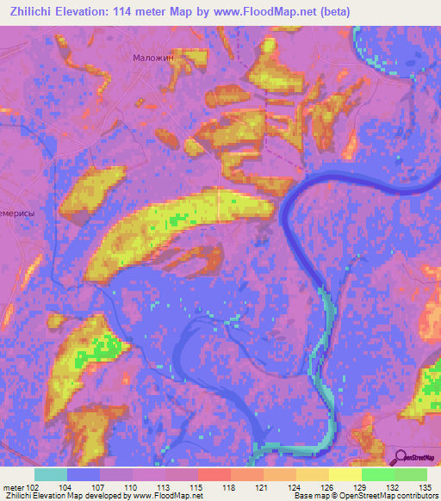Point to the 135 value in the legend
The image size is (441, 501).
pos(426,487)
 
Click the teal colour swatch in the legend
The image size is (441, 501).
pos(51,474)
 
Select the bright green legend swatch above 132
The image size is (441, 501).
pos(378,474)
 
